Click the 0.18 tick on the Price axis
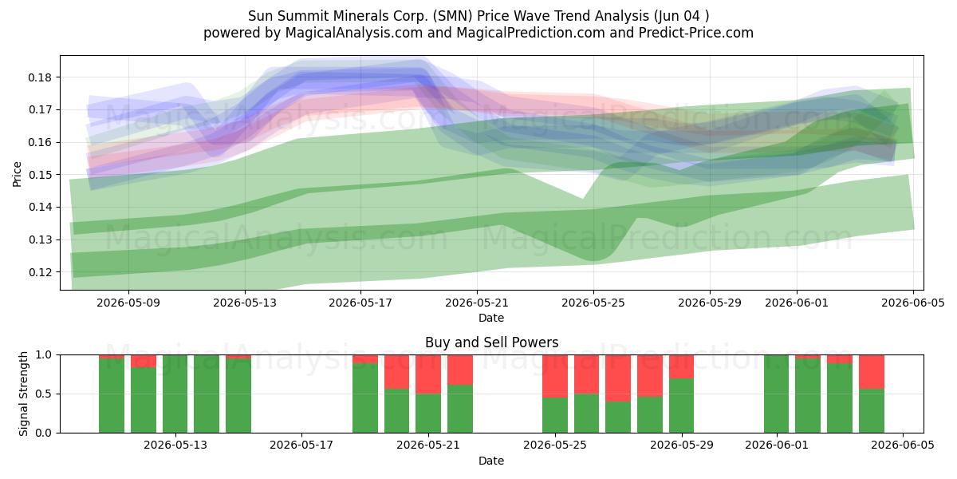[40, 77]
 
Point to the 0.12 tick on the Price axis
[40, 272]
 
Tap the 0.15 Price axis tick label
[40, 175]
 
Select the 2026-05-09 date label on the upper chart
[128, 303]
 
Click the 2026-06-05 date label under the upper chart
[913, 303]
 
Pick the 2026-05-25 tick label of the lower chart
[555, 445]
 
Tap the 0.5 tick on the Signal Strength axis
[44, 394]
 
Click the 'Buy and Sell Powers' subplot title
[491, 342]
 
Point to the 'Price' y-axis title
[17, 174]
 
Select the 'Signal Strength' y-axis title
[23, 394]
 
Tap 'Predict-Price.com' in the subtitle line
[696, 33]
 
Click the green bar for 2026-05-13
[175, 394]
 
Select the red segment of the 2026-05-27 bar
[618, 378]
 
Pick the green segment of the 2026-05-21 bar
[428, 414]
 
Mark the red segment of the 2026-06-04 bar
[872, 372]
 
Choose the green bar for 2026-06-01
[776, 394]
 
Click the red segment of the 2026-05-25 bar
[555, 376]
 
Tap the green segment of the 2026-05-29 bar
[681, 406]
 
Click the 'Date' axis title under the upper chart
[491, 318]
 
